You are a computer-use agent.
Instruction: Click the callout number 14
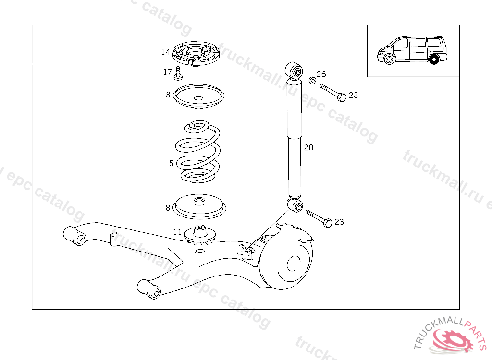[166, 52]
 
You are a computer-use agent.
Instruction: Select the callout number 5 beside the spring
[172, 163]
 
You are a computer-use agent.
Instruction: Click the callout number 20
[308, 147]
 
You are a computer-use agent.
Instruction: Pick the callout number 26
[321, 74]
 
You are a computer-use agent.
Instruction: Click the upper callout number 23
[353, 95]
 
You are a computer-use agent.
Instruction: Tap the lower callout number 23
[339, 222]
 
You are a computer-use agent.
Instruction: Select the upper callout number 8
[168, 95]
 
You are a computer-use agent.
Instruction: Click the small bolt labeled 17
[179, 73]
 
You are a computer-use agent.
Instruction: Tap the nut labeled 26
[311, 80]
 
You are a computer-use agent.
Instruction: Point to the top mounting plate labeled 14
[196, 54]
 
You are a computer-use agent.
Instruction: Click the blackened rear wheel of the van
[434, 60]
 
